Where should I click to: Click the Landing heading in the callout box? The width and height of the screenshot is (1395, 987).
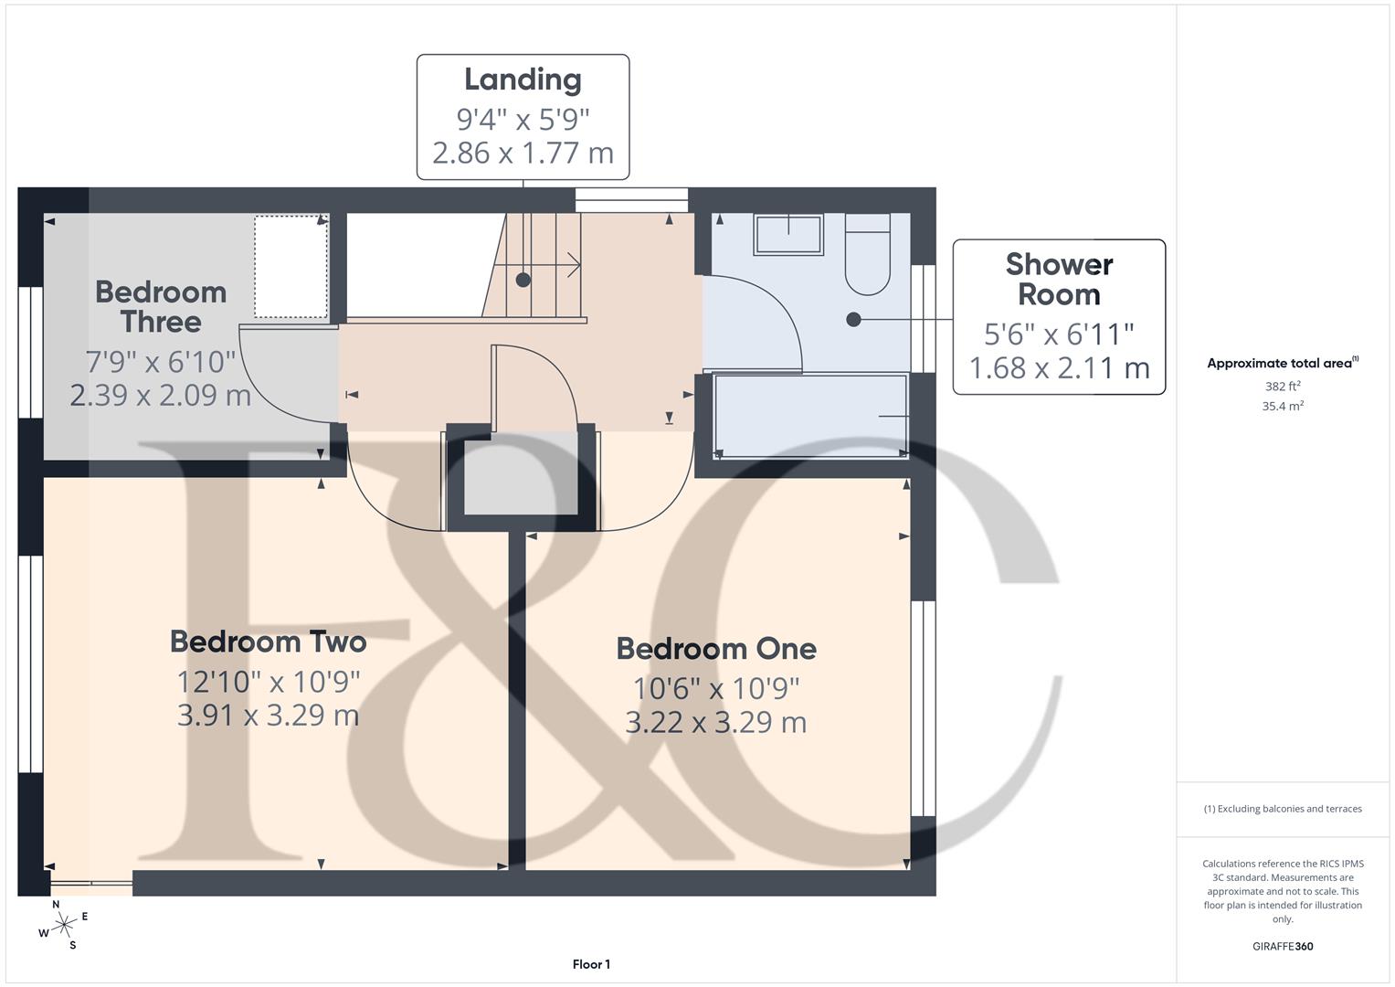click(523, 80)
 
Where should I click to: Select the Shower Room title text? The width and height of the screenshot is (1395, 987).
click(1059, 280)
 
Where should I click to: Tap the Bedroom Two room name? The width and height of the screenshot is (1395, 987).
click(268, 642)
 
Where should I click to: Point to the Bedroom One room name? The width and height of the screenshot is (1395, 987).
click(716, 649)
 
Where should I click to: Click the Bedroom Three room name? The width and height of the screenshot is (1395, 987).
click(161, 307)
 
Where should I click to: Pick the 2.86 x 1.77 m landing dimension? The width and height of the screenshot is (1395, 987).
click(523, 153)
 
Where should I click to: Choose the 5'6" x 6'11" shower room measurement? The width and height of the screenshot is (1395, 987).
click(1059, 334)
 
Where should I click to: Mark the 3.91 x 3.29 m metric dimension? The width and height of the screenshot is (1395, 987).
click(268, 716)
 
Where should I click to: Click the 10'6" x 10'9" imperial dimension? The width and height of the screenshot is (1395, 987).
click(716, 687)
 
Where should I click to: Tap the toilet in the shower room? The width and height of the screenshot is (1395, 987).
click(867, 255)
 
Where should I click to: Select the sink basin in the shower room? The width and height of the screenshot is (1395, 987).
click(787, 235)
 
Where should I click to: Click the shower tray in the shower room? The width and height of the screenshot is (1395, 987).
click(810, 415)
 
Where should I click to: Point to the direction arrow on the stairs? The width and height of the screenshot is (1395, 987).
click(573, 266)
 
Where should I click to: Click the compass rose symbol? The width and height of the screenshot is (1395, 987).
click(64, 925)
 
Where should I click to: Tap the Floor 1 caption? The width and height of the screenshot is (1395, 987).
click(591, 964)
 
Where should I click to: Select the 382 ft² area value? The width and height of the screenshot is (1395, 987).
click(1283, 387)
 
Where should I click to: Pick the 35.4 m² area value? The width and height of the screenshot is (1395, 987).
click(1283, 407)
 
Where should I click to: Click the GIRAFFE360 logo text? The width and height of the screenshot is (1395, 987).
click(1283, 946)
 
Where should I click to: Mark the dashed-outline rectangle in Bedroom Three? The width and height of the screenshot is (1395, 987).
click(291, 267)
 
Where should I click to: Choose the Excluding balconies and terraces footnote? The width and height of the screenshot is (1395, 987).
click(1283, 809)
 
